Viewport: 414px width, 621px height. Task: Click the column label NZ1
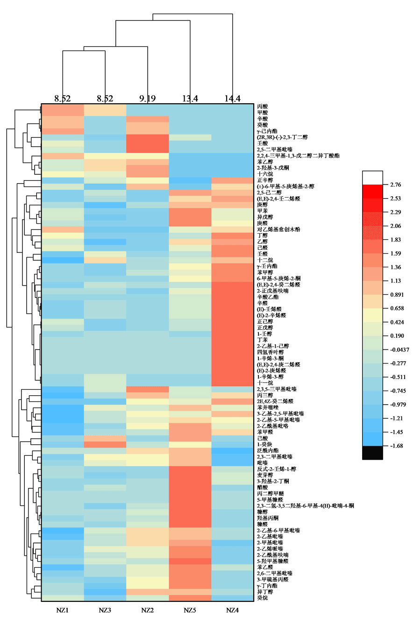tap(62, 610)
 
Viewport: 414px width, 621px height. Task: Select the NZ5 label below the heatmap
tap(190, 610)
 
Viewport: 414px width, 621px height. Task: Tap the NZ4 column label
tap(232, 610)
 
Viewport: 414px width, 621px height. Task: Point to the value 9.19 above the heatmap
tap(147, 99)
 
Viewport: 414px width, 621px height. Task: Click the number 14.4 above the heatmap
tap(232, 99)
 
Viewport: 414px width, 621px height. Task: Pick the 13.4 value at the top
tap(190, 99)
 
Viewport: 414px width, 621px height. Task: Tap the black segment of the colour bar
tap(372, 453)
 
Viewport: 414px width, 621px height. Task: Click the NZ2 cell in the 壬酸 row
tap(147, 143)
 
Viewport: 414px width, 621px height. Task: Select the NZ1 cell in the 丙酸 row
tap(62, 107)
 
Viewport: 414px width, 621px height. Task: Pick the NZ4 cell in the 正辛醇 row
tap(232, 180)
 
